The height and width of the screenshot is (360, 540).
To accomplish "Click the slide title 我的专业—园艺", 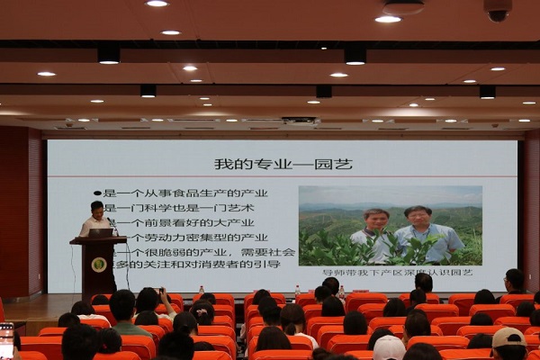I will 283,164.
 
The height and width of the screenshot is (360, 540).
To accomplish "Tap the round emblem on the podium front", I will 98,265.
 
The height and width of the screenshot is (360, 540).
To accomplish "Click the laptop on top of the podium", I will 101,232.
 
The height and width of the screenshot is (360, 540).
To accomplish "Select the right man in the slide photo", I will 418,231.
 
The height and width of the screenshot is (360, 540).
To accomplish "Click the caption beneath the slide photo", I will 390,272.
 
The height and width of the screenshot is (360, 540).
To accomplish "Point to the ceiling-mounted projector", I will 299,120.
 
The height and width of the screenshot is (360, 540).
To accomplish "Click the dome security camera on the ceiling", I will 498,11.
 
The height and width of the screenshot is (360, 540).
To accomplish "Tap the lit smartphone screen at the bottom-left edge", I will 5,340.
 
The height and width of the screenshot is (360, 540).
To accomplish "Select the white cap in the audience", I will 389,346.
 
